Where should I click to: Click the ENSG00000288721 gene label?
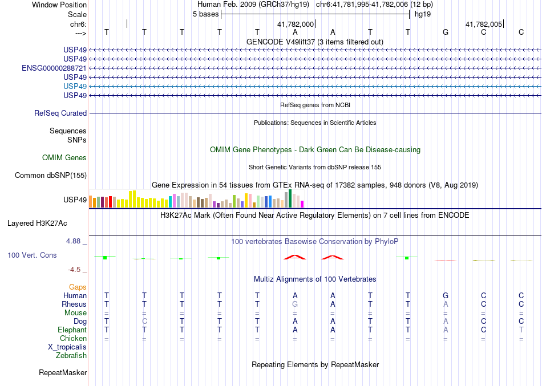point(54,68)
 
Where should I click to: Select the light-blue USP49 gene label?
point(75,86)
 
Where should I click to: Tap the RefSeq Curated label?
point(60,113)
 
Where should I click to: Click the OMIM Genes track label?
point(64,158)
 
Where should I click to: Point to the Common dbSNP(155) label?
point(51,176)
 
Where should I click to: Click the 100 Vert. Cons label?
point(32,255)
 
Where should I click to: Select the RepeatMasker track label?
point(63,373)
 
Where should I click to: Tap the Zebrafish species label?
point(71,356)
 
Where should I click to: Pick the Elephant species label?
point(72,330)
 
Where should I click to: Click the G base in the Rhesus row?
point(295,304)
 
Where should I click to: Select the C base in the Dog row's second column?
point(144,322)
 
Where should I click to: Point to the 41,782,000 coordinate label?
point(296,25)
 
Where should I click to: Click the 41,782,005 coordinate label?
point(484,25)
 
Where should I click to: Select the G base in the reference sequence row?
point(446,32)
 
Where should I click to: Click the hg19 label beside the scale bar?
point(423,14)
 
